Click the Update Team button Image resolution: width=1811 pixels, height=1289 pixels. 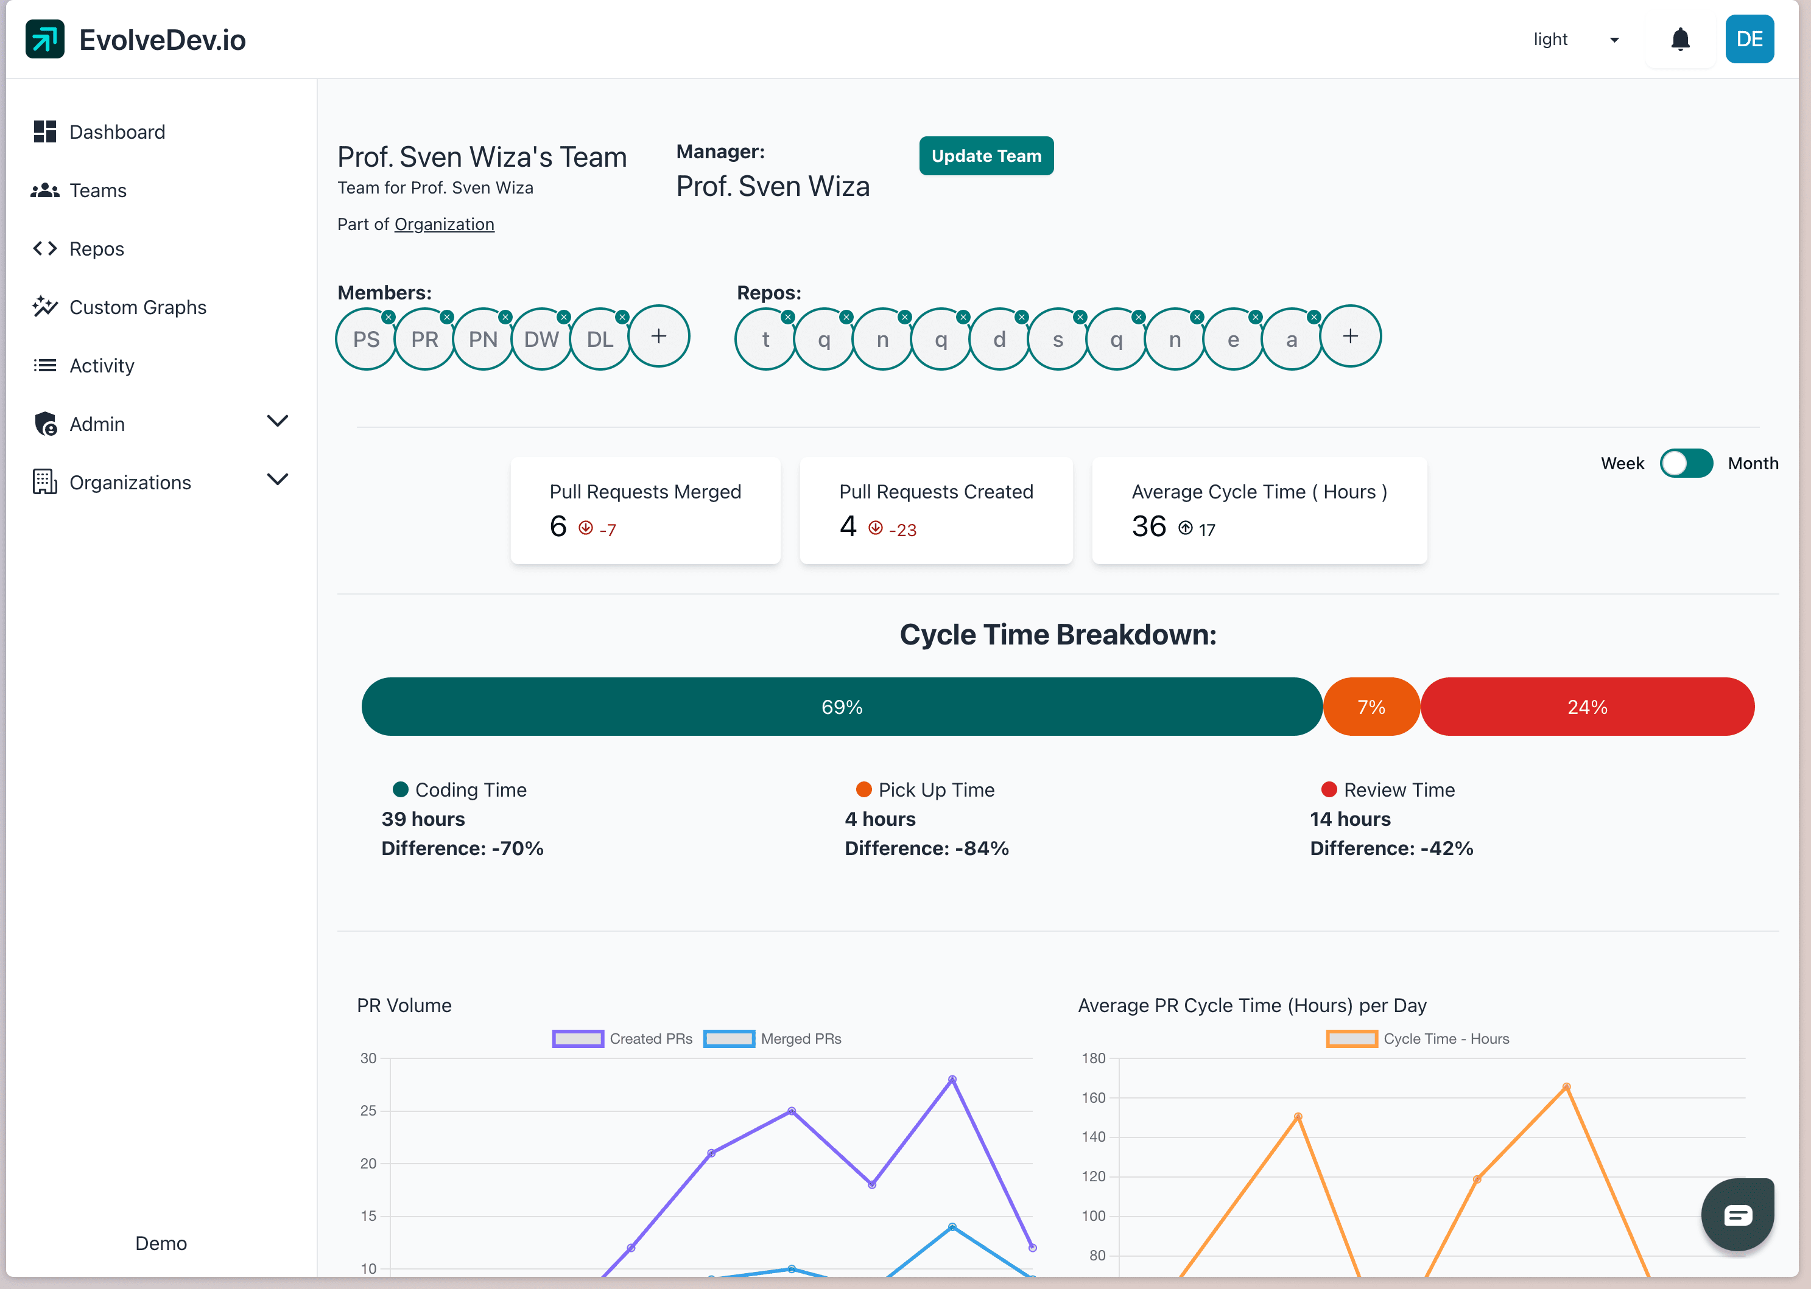coord(985,156)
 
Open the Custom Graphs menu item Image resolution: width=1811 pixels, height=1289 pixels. coord(138,307)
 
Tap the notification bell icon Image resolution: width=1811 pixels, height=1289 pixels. coord(1680,40)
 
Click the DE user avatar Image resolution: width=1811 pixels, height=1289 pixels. coord(1749,40)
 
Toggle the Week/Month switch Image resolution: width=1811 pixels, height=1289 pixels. coord(1686,464)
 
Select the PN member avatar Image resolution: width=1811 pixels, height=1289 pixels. coord(483,340)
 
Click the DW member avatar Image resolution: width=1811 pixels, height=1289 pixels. coord(541,340)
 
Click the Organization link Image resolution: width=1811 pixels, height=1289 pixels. coord(444,225)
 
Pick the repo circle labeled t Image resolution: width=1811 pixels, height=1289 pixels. coord(765,340)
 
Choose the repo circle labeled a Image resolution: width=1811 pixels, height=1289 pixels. coord(1292,340)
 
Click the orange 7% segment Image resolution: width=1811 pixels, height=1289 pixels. coord(1371,707)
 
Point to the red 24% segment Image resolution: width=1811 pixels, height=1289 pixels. coord(1587,707)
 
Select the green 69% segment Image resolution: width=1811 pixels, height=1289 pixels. coord(842,707)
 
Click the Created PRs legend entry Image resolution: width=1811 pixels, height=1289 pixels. coord(622,1039)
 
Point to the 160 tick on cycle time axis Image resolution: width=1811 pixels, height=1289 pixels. coord(1093,1098)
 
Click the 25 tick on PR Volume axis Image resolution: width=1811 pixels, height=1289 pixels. coord(368,1111)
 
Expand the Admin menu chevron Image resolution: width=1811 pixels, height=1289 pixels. coord(277,422)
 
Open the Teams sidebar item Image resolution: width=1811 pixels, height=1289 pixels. coord(97,190)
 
